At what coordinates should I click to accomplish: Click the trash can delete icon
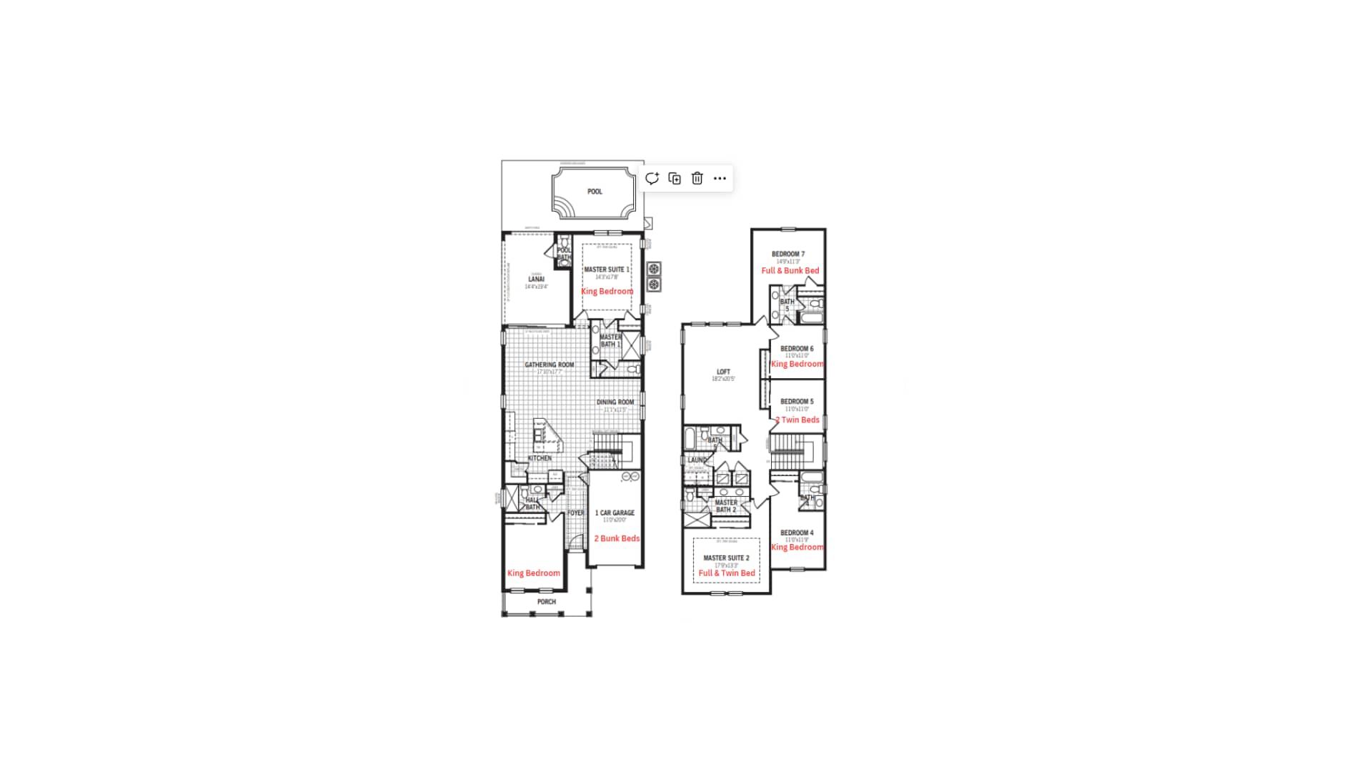pyautogui.click(x=697, y=179)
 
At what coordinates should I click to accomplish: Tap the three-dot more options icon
pyautogui.click(x=720, y=179)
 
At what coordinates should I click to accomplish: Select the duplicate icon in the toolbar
pyautogui.click(x=675, y=179)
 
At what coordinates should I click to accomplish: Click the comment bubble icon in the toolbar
pyautogui.click(x=652, y=179)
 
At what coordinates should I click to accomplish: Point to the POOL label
pyautogui.click(x=595, y=192)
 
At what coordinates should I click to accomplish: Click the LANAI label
pyautogui.click(x=536, y=279)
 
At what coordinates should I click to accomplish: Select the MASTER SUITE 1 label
pyautogui.click(x=607, y=269)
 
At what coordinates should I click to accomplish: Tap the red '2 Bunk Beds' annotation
pyautogui.click(x=617, y=538)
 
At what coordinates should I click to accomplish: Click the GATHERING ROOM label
pyautogui.click(x=549, y=365)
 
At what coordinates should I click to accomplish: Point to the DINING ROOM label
pyautogui.click(x=615, y=402)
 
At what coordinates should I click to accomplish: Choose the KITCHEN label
pyautogui.click(x=540, y=458)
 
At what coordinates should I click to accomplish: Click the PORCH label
pyautogui.click(x=547, y=602)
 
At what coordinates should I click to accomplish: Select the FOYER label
pyautogui.click(x=575, y=513)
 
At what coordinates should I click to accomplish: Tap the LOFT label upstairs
pyautogui.click(x=723, y=372)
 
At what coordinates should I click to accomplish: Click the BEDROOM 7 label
pyautogui.click(x=788, y=254)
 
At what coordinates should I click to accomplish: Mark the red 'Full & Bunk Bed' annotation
pyautogui.click(x=790, y=271)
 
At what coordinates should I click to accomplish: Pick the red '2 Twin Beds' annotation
pyautogui.click(x=797, y=420)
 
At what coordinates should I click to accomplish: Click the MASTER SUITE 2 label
pyautogui.click(x=726, y=558)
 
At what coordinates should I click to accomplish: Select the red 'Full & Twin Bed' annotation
pyautogui.click(x=727, y=573)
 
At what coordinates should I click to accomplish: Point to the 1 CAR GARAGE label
pyautogui.click(x=615, y=513)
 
